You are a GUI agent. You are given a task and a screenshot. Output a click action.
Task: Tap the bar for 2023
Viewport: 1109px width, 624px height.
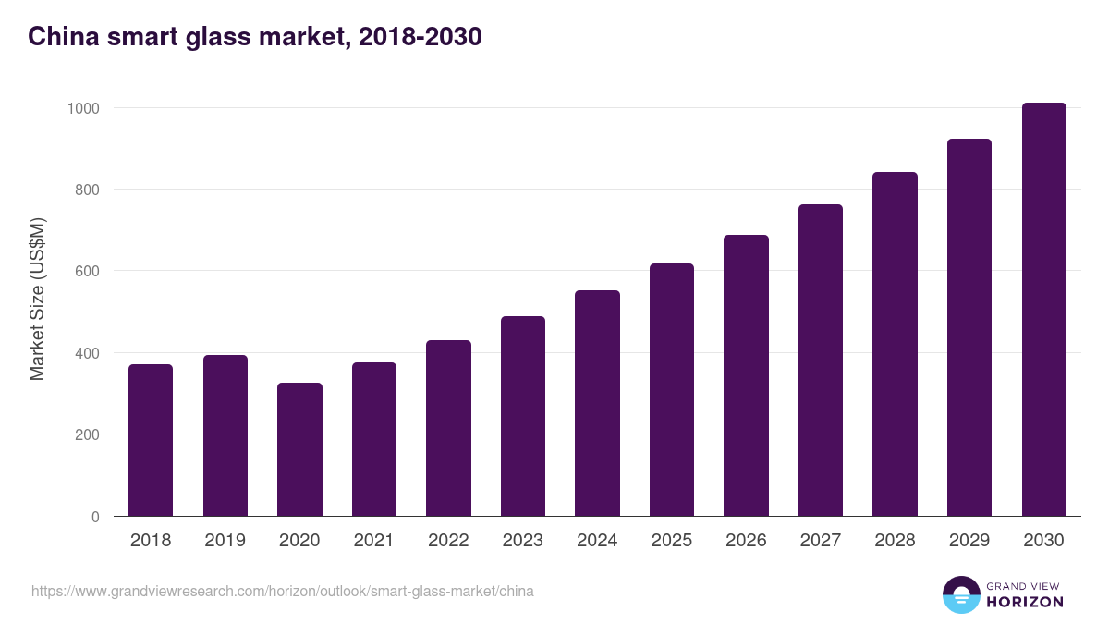point(523,416)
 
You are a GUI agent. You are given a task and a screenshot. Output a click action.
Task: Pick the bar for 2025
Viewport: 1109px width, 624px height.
point(672,389)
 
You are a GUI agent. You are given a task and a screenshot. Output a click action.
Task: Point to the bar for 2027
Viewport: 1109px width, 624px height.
point(821,360)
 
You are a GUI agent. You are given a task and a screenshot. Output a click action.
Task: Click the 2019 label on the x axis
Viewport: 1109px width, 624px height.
point(225,541)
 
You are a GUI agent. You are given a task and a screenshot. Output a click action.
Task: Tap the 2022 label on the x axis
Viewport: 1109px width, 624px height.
point(448,541)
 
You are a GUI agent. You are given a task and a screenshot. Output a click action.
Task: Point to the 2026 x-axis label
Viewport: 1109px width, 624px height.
point(746,541)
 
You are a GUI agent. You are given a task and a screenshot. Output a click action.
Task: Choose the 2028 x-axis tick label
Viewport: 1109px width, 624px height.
point(895,541)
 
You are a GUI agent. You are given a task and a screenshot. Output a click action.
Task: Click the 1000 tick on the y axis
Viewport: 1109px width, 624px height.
point(83,108)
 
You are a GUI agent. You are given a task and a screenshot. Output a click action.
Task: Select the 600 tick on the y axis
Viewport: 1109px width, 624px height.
point(87,271)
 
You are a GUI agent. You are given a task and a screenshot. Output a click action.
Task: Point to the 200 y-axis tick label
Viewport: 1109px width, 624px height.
point(87,434)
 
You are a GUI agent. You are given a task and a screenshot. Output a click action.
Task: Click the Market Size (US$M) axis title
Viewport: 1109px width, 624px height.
point(37,299)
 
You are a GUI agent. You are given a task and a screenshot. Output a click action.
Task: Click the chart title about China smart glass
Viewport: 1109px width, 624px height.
point(255,37)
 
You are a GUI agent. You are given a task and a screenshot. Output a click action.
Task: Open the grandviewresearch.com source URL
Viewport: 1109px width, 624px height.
point(283,591)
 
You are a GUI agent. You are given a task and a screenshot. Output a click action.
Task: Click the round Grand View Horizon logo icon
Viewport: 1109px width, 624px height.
point(960,594)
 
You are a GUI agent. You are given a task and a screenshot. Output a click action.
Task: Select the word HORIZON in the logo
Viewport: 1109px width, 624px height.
point(1025,602)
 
